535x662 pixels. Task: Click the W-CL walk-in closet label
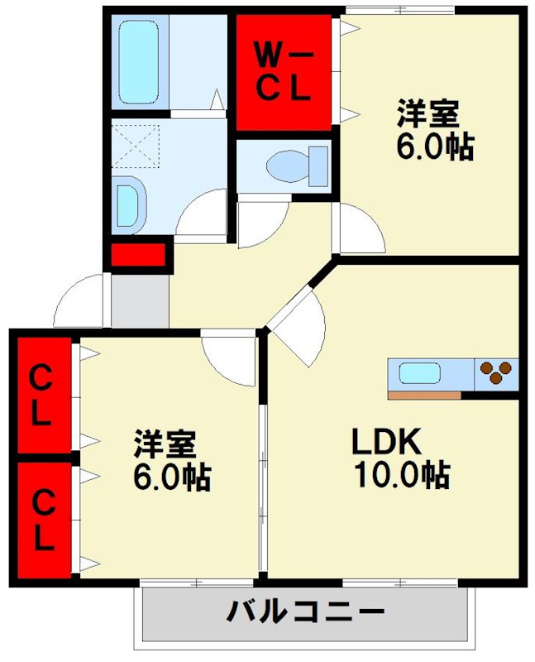pyautogui.click(x=282, y=70)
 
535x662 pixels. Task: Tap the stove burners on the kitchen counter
pyautogui.click(x=495, y=372)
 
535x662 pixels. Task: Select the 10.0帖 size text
pyautogui.click(x=402, y=475)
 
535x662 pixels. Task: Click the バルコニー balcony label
pyautogui.click(x=305, y=613)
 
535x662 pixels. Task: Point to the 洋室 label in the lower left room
pyautogui.click(x=165, y=444)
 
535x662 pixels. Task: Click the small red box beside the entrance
pyautogui.click(x=138, y=256)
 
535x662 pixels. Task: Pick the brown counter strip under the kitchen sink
pyautogui.click(x=423, y=395)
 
